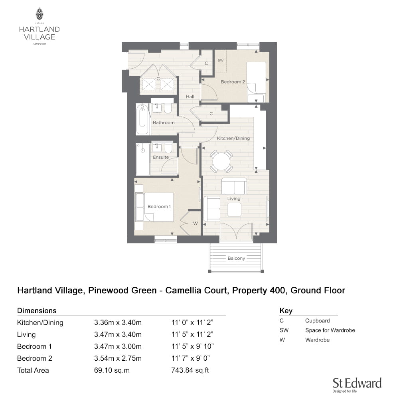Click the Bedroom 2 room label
(x=233, y=82)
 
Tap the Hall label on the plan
(x=190, y=97)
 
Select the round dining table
(x=221, y=161)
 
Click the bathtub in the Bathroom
(x=142, y=119)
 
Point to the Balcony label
(x=236, y=258)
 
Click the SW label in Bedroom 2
(x=221, y=60)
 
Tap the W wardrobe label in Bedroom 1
(x=196, y=223)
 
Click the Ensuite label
(x=161, y=157)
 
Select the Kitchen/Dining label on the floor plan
(x=233, y=138)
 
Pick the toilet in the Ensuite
(x=168, y=148)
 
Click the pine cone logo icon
(x=39, y=14)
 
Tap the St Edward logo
(x=357, y=385)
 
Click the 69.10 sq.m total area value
(x=112, y=370)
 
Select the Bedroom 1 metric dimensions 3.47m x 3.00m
(x=118, y=346)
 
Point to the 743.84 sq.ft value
(x=190, y=370)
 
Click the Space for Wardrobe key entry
(x=330, y=330)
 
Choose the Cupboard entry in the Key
(x=317, y=321)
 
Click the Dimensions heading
(x=37, y=311)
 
